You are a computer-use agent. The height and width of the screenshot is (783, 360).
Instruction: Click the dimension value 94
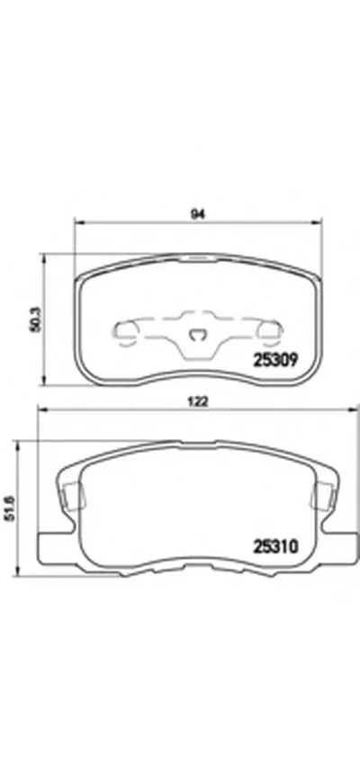(x=199, y=214)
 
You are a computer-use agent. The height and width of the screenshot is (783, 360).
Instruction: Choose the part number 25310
(x=276, y=547)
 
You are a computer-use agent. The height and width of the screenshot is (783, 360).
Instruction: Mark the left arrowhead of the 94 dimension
(x=78, y=222)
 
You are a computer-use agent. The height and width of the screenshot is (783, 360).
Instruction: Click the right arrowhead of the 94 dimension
(x=315, y=222)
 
